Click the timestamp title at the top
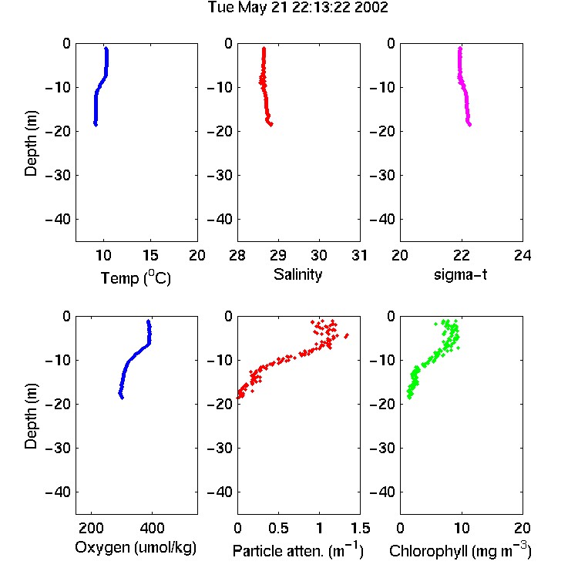[x=297, y=8]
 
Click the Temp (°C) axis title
[x=136, y=277]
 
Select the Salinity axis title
[x=297, y=274]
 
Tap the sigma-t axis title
[x=460, y=274]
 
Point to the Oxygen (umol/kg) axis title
[x=136, y=548]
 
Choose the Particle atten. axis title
[x=298, y=550]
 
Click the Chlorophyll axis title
[x=460, y=550]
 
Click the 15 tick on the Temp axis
[x=150, y=255]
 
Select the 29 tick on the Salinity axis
[x=278, y=255]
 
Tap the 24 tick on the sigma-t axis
[x=523, y=255]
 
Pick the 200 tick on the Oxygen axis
[x=91, y=528]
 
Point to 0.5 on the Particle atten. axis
[x=278, y=528]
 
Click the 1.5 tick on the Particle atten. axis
[x=361, y=528]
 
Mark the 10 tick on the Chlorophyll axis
[x=462, y=528]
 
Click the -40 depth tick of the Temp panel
[x=58, y=220]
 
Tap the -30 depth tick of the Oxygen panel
[x=58, y=448]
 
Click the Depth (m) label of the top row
[x=31, y=143]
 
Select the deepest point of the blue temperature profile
[x=96, y=125]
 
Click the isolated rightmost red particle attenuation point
[x=347, y=335]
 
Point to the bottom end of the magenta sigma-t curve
[x=469, y=125]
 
